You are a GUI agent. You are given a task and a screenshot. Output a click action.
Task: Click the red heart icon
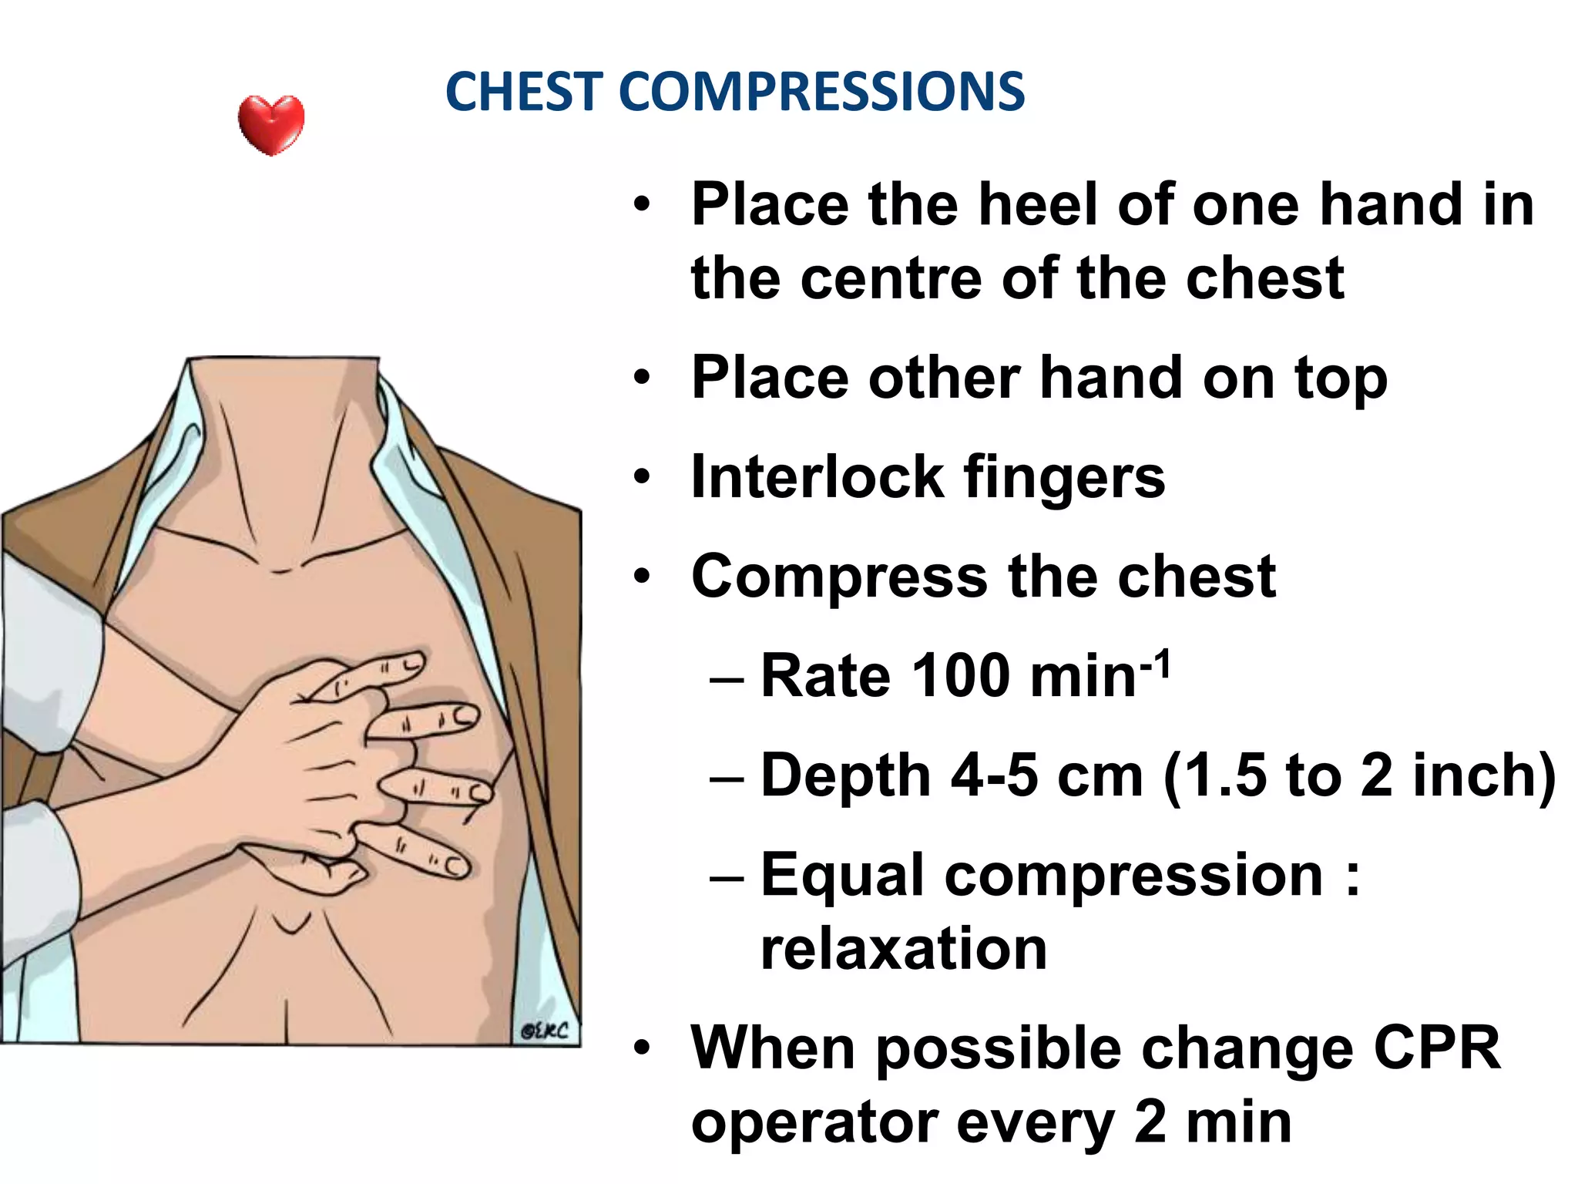[271, 125]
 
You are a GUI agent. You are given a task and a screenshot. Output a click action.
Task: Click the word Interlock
[818, 477]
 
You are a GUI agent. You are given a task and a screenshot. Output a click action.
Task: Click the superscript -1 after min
[1155, 664]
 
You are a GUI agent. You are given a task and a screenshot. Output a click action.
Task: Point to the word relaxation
[903, 948]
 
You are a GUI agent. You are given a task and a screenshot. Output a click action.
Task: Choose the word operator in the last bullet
[814, 1124]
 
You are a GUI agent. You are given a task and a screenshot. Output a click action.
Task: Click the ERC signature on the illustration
[545, 1031]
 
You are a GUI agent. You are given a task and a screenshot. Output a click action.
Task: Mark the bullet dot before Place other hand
[642, 378]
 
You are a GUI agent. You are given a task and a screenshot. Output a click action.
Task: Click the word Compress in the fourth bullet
[839, 577]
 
